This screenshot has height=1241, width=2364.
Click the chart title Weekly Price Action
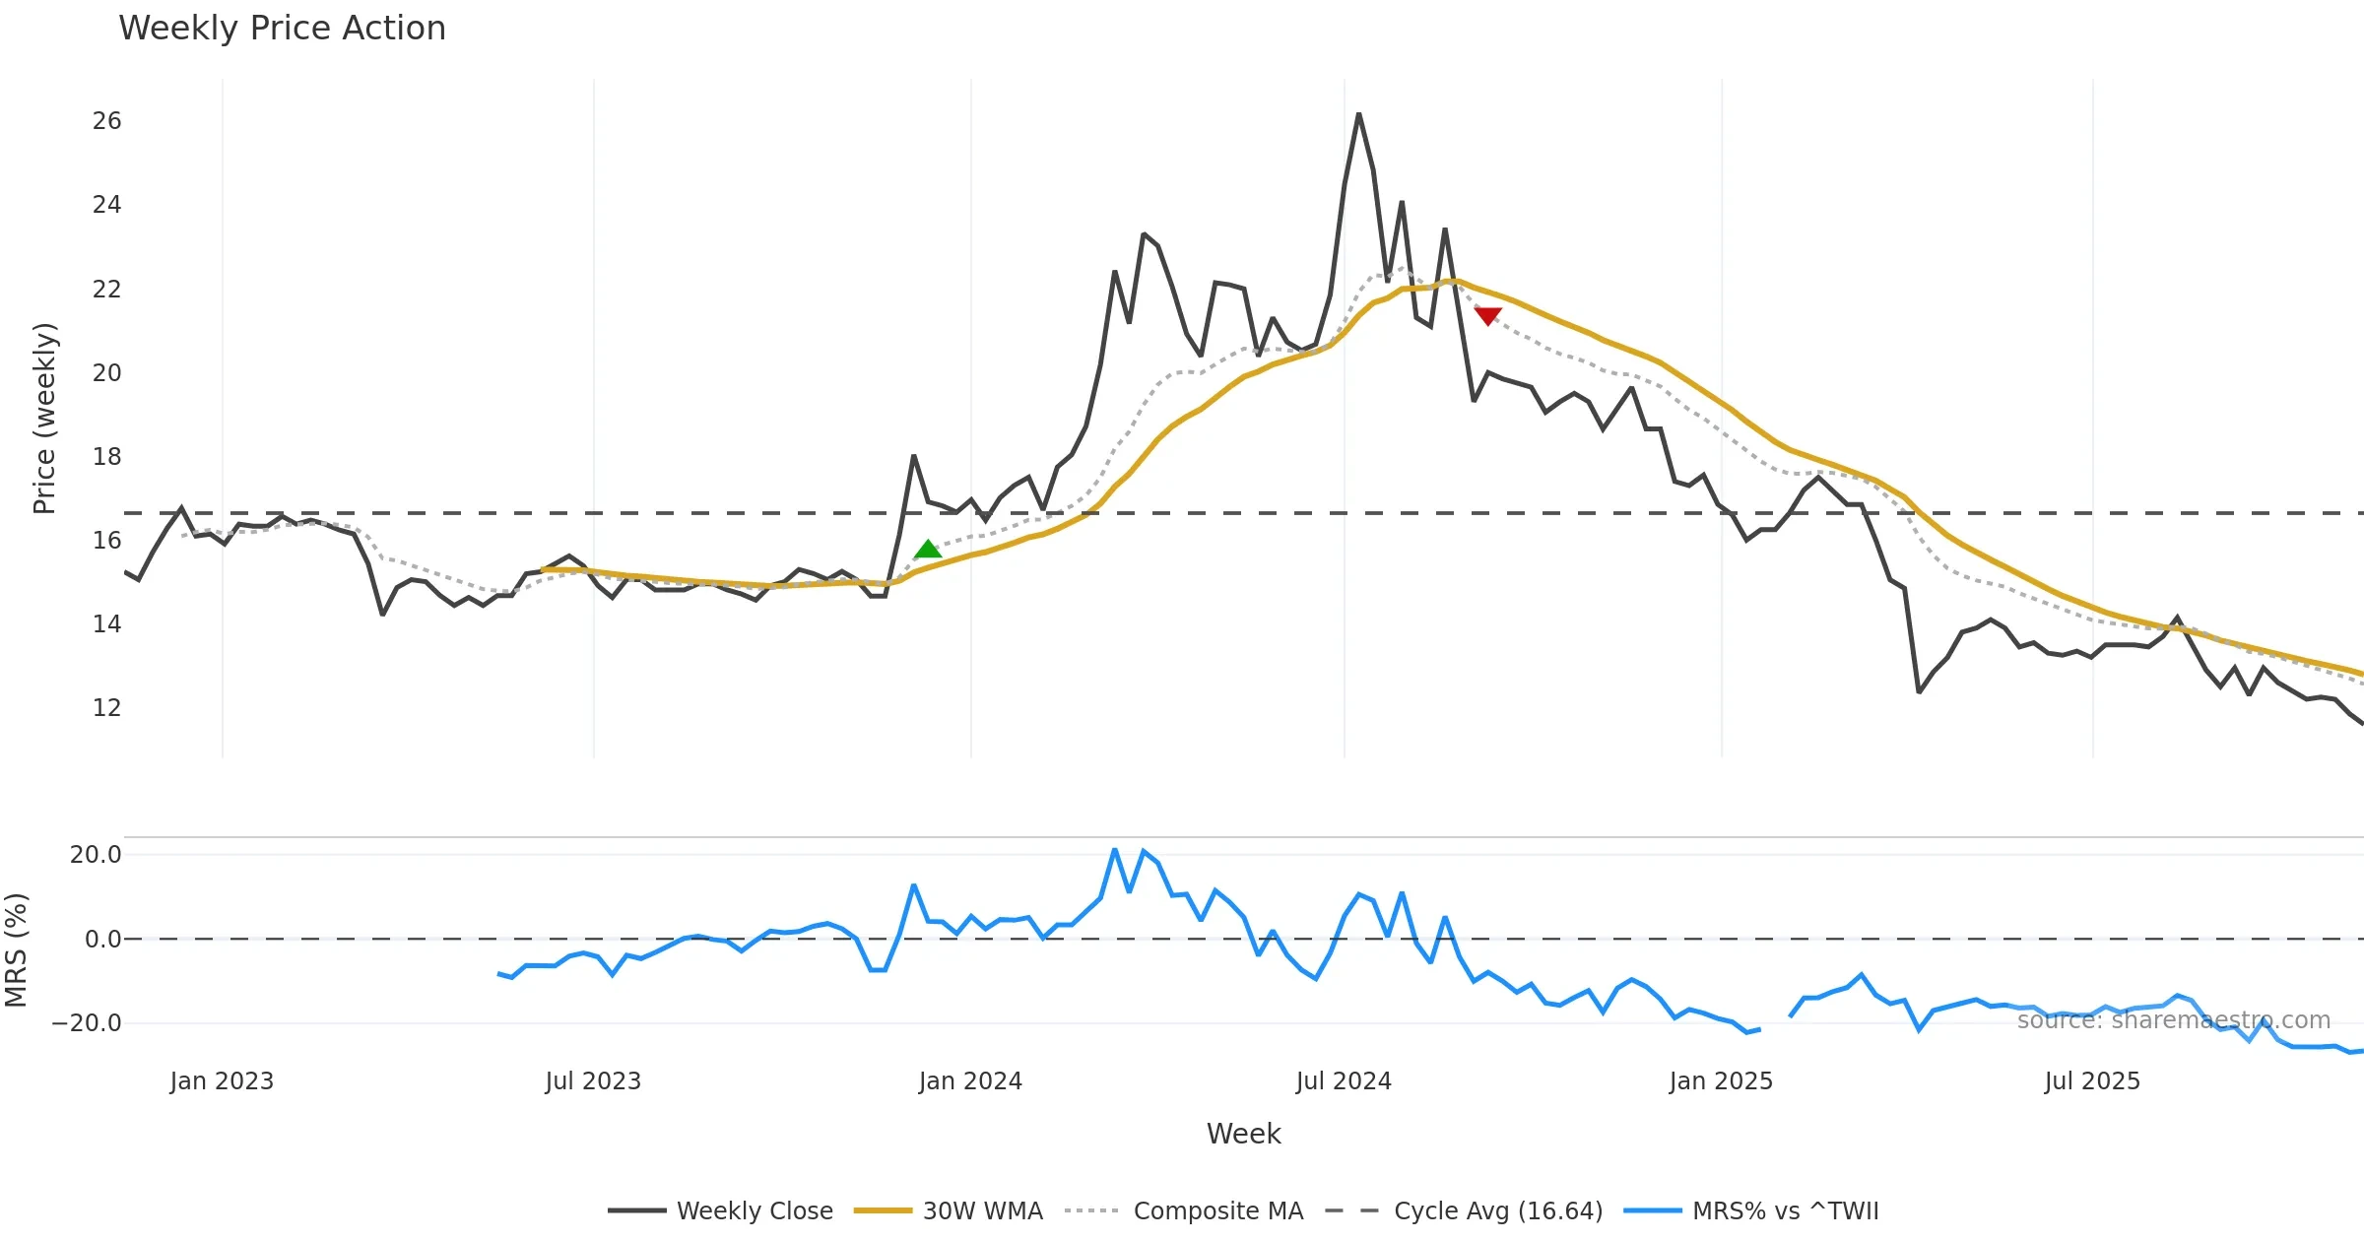[282, 29]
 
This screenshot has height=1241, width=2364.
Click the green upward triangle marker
[928, 550]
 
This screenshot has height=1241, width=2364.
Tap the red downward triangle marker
[1487, 315]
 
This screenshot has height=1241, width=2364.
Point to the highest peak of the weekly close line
[1358, 114]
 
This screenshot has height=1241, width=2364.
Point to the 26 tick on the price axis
[106, 121]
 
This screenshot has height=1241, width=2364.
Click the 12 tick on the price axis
[106, 708]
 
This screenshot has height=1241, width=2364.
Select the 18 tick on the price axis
[106, 457]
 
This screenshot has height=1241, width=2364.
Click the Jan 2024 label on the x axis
[970, 1081]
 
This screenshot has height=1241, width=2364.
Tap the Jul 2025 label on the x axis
[2092, 1081]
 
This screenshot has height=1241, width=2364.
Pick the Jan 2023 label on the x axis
[222, 1081]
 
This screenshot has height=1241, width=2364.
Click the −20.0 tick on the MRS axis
[87, 1023]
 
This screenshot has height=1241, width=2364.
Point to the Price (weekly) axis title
[45, 419]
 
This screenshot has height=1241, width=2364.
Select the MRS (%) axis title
[16, 950]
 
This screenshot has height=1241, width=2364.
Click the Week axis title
[1243, 1135]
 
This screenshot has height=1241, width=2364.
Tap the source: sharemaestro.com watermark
[2173, 1020]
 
